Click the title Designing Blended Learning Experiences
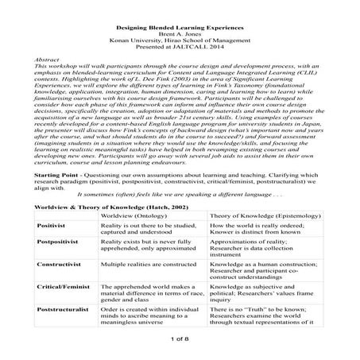pos(180,28)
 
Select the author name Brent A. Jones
pos(180,35)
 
